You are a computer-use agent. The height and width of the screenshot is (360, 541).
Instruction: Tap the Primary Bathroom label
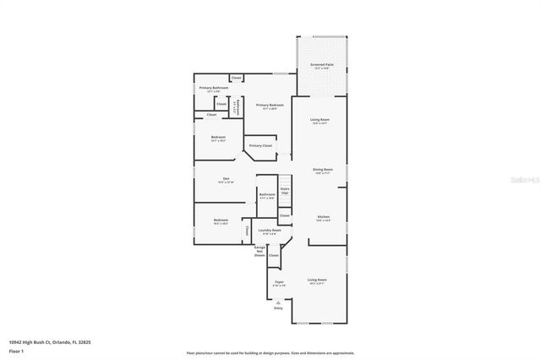(x=214, y=88)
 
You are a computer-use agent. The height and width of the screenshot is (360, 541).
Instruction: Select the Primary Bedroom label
(x=270, y=106)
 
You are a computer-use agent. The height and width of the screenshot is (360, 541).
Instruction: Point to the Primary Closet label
(x=260, y=145)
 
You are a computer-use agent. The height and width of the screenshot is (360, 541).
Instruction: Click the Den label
(x=226, y=178)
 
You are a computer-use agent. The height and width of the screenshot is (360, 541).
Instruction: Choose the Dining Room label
(x=323, y=170)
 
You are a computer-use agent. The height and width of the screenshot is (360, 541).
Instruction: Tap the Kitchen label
(x=322, y=217)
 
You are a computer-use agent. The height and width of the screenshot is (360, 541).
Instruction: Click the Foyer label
(x=278, y=281)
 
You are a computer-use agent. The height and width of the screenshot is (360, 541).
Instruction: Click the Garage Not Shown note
(x=260, y=250)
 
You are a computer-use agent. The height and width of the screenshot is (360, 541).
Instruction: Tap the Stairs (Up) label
(x=285, y=190)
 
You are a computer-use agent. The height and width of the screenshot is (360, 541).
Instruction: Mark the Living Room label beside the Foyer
(x=317, y=281)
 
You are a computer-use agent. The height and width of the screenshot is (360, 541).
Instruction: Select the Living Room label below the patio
(x=320, y=122)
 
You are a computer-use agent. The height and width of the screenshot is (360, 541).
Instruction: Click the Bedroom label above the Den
(x=218, y=138)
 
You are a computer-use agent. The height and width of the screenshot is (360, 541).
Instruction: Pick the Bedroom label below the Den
(x=221, y=221)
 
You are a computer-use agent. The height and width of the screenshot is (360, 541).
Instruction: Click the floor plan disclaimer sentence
(x=270, y=352)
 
